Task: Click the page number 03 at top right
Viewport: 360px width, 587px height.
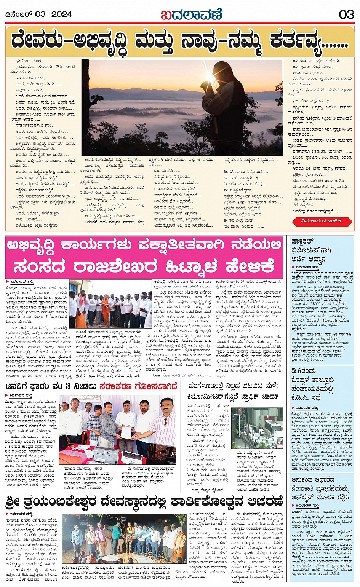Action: click(346, 14)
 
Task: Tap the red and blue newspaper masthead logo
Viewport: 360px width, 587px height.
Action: click(191, 14)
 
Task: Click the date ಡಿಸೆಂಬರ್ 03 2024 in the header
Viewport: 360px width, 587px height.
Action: click(38, 14)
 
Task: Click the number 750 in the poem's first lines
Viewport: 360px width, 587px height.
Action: click(59, 67)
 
